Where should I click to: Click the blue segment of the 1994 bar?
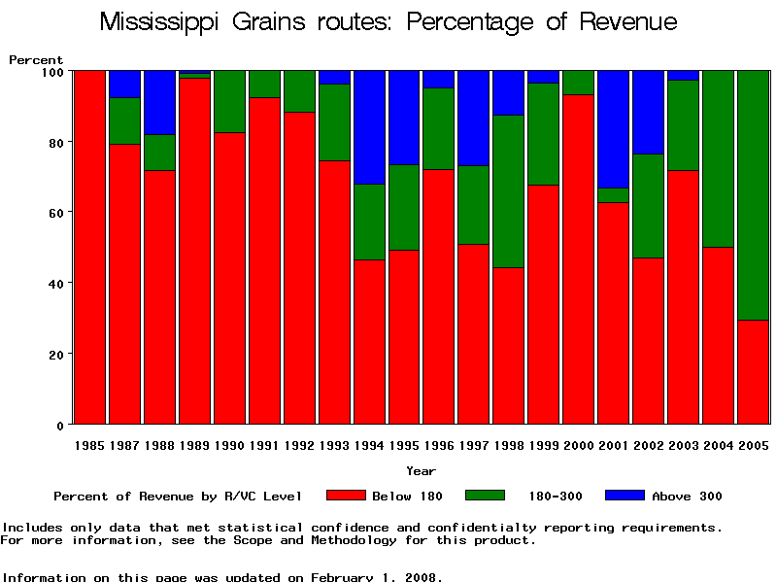coord(369,126)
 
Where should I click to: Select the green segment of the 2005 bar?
coord(753,194)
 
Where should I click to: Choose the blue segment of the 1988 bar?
coord(159,102)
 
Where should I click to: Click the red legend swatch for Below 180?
coord(346,496)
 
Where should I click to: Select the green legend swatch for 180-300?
coord(486,496)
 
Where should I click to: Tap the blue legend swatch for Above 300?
coord(625,496)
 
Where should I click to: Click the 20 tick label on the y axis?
coord(54,355)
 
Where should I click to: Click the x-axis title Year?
coord(421,471)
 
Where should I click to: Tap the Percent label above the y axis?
coord(36,60)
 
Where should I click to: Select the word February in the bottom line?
coord(341,577)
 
